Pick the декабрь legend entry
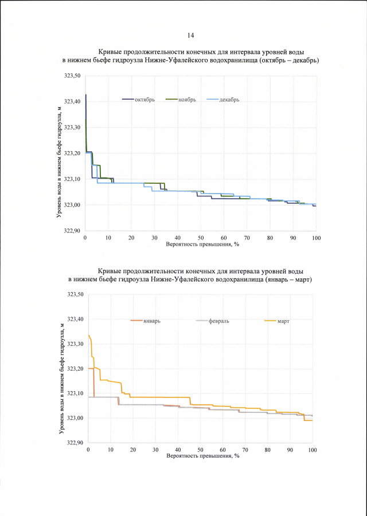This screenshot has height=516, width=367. (229, 99)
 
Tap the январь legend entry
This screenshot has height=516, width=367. (152, 321)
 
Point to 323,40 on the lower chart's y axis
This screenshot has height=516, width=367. (76, 319)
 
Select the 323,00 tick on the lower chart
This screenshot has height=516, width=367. (76, 418)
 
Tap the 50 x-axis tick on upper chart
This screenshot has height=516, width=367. (201, 238)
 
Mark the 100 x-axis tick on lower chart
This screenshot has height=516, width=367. (312, 450)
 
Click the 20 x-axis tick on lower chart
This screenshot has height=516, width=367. (133, 450)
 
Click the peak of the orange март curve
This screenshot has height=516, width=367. (88, 335)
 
